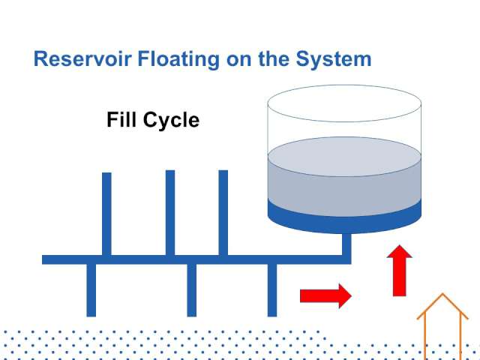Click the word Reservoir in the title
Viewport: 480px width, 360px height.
point(82,58)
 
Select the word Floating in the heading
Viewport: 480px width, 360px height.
point(178,60)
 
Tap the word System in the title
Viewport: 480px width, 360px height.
point(334,60)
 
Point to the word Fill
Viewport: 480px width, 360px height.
point(121,119)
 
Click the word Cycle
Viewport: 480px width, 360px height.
point(171,121)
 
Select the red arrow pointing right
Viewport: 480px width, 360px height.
point(325,296)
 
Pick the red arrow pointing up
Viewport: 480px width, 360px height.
point(400,271)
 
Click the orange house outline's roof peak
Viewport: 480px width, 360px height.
point(442,294)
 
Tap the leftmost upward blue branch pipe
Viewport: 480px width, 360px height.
point(106,214)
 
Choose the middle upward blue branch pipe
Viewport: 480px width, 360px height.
point(170,213)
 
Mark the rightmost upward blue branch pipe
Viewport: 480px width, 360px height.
point(223,213)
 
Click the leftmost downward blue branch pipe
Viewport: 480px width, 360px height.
point(91,290)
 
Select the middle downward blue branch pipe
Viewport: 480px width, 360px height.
point(192,290)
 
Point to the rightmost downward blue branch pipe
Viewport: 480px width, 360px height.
point(272,290)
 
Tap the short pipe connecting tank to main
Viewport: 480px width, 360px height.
point(346,244)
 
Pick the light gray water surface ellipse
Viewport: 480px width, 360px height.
point(344,157)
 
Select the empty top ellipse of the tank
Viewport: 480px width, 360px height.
point(344,103)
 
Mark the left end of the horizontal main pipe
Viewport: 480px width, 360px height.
point(43,259)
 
